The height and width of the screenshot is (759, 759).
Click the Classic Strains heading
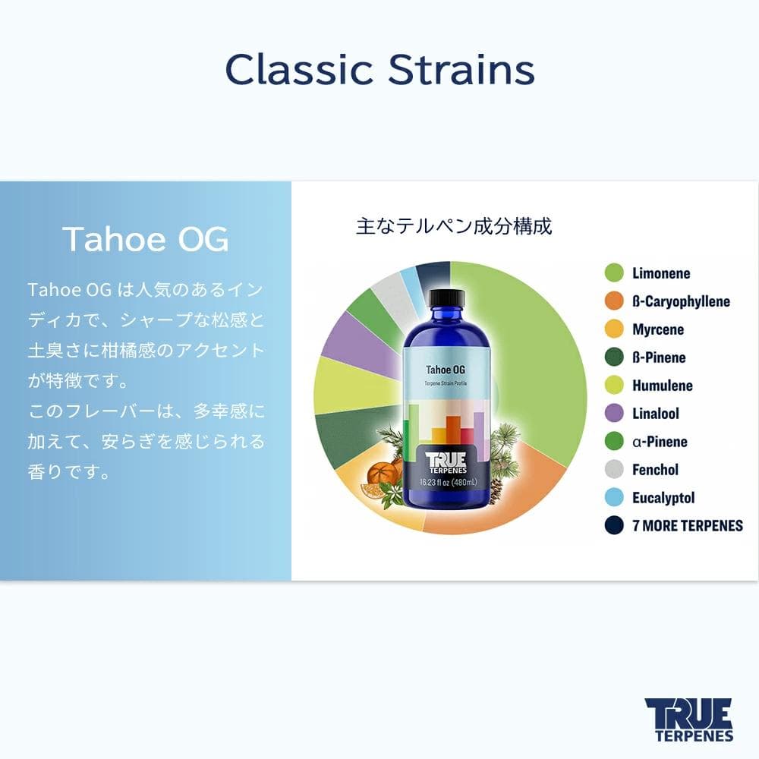click(x=379, y=70)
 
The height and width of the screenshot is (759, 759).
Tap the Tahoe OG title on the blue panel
click(x=145, y=238)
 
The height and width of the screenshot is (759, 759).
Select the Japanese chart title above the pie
click(x=454, y=226)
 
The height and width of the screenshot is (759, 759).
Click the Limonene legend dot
click(x=614, y=273)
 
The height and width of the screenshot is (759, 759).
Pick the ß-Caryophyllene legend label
click(x=681, y=301)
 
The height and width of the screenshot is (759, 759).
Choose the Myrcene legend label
click(x=658, y=329)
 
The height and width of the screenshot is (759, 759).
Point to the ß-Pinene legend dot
click(x=614, y=357)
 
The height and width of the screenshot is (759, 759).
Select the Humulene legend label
click(x=662, y=386)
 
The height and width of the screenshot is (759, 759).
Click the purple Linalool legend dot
click(x=614, y=414)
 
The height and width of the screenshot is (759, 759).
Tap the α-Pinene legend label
click(x=660, y=442)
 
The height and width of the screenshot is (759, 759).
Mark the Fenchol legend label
click(x=655, y=470)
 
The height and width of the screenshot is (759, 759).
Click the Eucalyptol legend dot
click(x=614, y=498)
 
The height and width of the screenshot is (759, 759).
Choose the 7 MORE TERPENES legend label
click(x=687, y=525)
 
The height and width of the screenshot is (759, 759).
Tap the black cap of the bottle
click(x=446, y=298)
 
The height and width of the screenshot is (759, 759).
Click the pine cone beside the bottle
click(x=497, y=490)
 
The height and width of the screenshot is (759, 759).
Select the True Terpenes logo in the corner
click(x=688, y=719)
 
